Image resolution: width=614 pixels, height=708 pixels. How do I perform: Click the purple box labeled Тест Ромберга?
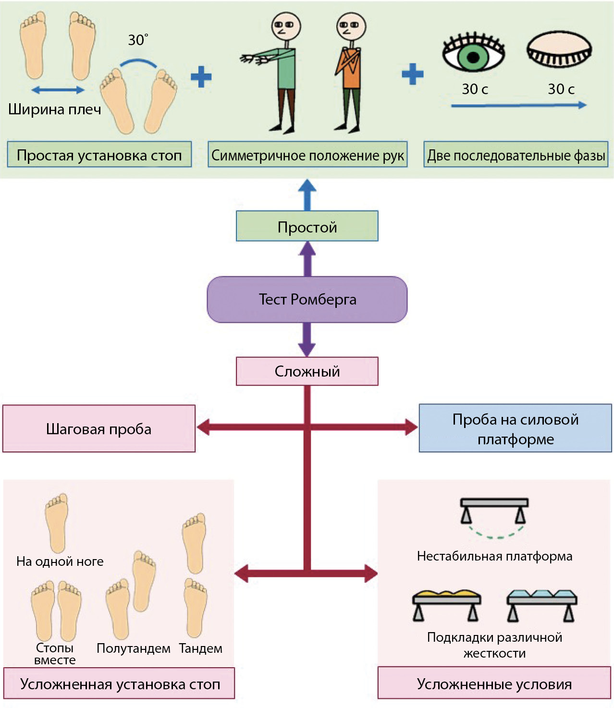click(307, 299)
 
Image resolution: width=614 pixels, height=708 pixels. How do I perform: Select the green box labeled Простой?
click(307, 226)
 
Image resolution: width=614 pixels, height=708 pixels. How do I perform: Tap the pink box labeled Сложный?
click(307, 371)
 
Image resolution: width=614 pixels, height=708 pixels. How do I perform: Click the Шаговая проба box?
click(99, 429)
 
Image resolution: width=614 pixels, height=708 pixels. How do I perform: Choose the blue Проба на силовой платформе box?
click(515, 428)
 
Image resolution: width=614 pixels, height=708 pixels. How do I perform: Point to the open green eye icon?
click(473, 54)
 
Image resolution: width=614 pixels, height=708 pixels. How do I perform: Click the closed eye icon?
click(559, 50)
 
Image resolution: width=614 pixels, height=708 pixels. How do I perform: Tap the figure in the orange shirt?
click(350, 72)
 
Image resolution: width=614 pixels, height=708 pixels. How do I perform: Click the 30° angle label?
click(138, 40)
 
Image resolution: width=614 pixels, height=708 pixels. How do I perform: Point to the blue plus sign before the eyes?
click(412, 74)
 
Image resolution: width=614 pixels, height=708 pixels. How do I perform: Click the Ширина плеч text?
click(55, 110)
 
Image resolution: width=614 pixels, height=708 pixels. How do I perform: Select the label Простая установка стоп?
click(99, 155)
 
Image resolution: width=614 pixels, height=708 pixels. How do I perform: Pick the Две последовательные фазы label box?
click(516, 155)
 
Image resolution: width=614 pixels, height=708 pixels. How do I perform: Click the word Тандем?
click(201, 648)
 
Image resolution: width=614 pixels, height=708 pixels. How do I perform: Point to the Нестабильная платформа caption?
click(494, 556)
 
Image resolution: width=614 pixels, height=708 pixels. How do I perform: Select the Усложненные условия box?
click(494, 684)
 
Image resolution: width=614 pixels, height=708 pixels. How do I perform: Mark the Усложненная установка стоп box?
click(120, 684)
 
